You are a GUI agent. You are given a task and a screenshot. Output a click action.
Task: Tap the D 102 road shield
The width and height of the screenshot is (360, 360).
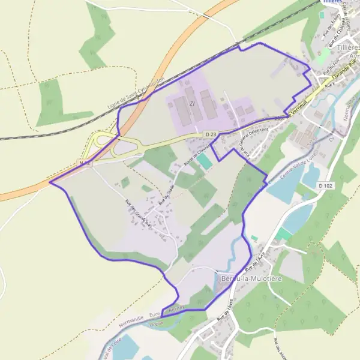(x=325, y=186)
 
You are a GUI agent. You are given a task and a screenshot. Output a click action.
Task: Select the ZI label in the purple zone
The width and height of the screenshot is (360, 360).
(x=193, y=103)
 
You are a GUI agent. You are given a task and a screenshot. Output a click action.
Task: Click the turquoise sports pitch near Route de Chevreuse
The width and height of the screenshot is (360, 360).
(x=205, y=161)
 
